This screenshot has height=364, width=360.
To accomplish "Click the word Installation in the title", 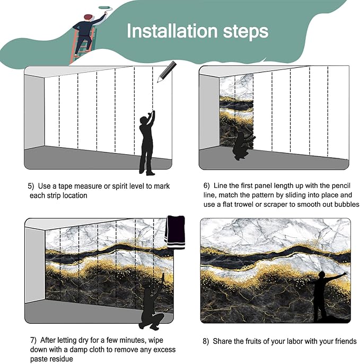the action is [x=172, y=31].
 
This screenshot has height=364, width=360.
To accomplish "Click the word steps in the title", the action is [x=245, y=32].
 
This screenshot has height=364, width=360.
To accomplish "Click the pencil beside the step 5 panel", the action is [x=167, y=72].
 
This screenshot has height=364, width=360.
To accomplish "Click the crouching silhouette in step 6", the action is [x=243, y=146].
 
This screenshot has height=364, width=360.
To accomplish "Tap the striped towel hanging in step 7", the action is [x=175, y=232].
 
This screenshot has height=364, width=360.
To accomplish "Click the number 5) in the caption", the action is [x=31, y=186].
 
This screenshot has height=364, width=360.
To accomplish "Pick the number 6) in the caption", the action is [x=206, y=186].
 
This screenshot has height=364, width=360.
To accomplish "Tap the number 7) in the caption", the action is [x=33, y=340].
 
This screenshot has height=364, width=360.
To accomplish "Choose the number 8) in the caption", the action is [x=206, y=342].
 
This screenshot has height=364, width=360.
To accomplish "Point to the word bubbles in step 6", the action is [x=347, y=205].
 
